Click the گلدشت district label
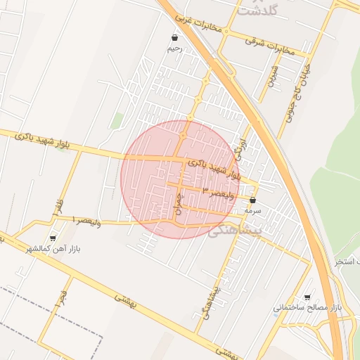pos(258,10)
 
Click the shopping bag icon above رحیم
pos(174,38)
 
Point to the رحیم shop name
pos(174,49)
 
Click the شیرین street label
pos(272,75)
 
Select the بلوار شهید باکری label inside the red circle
pos(214,168)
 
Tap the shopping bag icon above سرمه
pos(252,200)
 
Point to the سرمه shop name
pos(253,210)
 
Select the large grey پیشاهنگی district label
pos(235,230)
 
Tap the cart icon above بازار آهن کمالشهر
pos(53,238)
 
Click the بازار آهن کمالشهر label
pos(53,249)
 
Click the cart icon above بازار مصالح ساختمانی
pos(307,297)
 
